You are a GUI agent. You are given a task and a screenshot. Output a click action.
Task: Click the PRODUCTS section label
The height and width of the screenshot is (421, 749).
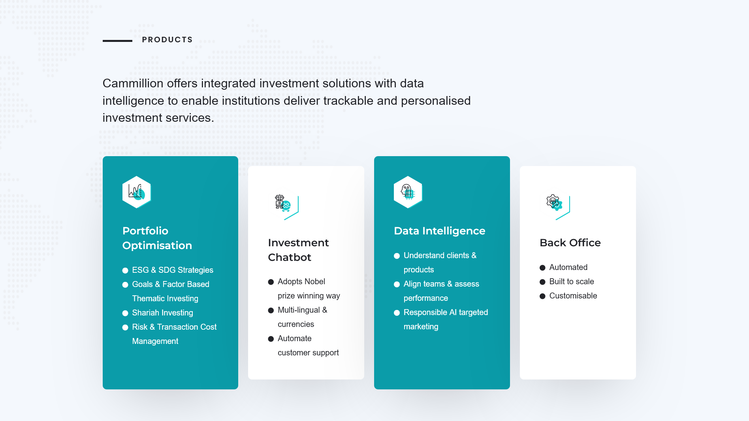coord(167,40)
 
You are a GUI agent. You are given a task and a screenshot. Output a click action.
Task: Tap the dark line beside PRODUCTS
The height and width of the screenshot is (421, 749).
coord(117,41)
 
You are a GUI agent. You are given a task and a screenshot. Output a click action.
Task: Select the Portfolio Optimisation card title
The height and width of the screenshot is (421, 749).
coord(157,238)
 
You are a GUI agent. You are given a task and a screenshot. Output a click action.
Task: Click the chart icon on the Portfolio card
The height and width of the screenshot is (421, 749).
coord(137,192)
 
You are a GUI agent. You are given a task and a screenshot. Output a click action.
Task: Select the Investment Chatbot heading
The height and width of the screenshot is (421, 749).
coord(298,250)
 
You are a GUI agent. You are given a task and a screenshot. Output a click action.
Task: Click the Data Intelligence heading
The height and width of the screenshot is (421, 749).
coord(439,231)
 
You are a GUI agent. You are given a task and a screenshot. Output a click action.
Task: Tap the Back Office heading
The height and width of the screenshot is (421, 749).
coord(570,243)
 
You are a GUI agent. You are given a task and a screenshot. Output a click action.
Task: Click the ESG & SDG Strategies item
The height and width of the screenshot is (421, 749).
coord(173,270)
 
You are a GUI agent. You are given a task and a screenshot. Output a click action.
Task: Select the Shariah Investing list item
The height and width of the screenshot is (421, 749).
coord(162,313)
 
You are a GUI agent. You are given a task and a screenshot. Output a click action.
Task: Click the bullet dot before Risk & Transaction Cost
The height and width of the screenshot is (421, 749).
coord(125,327)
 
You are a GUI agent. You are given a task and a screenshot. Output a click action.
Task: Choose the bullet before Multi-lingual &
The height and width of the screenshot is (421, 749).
coord(271,310)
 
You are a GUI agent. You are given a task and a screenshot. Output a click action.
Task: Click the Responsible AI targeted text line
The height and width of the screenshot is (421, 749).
coord(446,312)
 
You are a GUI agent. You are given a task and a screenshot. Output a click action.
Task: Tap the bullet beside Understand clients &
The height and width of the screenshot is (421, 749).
coord(397,256)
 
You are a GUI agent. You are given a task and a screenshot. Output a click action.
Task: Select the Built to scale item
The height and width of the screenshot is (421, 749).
coord(572,281)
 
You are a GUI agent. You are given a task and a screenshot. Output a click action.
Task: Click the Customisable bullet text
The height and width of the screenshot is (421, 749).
coord(573,296)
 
